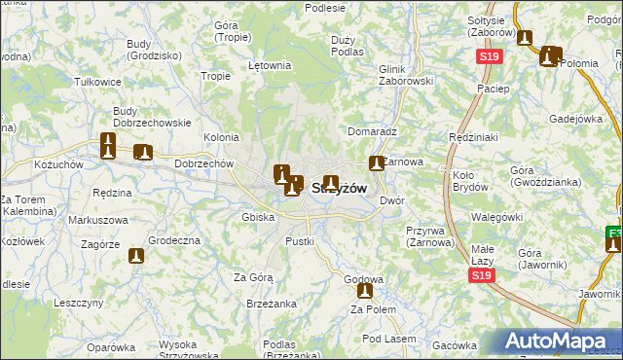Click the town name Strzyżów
tap(339, 190)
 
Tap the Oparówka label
tap(111, 346)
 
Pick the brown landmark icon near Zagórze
tap(137, 257)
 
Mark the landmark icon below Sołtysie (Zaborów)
tap(526, 39)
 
